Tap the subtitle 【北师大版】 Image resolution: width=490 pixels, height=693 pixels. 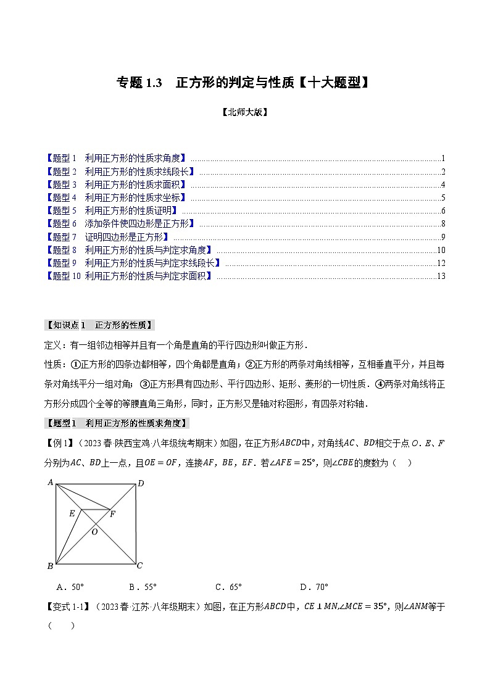pos(244,113)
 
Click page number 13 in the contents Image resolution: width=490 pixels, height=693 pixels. pos(440,276)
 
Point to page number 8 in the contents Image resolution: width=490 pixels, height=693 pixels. pos(442,224)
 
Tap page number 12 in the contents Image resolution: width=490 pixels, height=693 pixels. pos(440,263)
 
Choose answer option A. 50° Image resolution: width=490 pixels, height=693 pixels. pos(70,587)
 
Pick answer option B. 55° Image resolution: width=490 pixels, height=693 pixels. pos(143,587)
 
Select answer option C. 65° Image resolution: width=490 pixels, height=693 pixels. pos(228,587)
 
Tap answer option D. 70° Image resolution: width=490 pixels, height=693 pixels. pos(314,587)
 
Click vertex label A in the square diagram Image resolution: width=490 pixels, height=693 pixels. pos(51,483)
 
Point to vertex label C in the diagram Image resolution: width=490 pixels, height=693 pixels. pos(140,565)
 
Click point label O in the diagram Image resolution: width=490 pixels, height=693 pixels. pos(94,531)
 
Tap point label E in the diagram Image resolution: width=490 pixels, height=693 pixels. pos(72,513)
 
